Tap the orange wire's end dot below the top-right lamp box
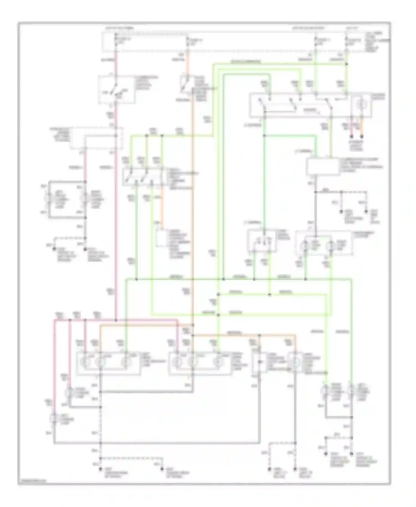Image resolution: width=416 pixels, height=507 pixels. pyautogui.click(x=362, y=136)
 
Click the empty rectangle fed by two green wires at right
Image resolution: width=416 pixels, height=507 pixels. pyautogui.click(x=323, y=167)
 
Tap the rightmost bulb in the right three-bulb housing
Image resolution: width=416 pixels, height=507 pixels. pyautogui.click(x=218, y=362)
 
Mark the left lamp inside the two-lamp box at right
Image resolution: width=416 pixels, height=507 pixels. pyautogui.click(x=305, y=245)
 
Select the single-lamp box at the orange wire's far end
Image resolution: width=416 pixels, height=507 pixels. pyautogui.click(x=295, y=362)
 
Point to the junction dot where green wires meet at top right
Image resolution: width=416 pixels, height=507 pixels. pyautogui.click(x=346, y=64)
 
